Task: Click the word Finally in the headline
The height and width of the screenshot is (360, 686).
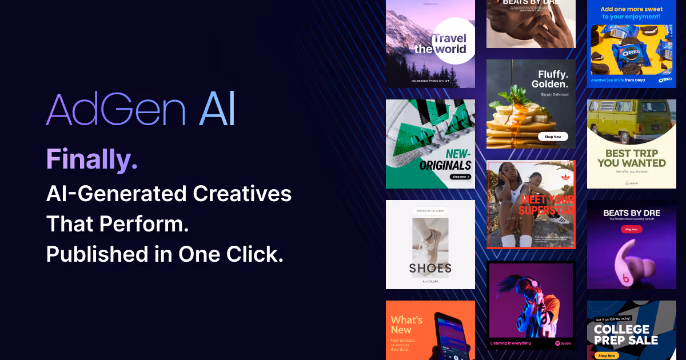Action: (x=91, y=159)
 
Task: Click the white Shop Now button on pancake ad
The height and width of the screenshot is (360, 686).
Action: (x=553, y=137)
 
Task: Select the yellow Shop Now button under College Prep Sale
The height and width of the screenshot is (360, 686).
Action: (x=607, y=355)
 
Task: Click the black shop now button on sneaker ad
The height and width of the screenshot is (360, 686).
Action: (x=460, y=177)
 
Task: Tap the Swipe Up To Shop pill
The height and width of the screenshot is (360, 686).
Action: (x=430, y=211)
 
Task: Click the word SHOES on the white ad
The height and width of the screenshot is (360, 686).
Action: (x=430, y=268)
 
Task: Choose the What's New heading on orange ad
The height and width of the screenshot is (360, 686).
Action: (x=406, y=325)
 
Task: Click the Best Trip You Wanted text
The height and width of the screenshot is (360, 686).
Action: (x=631, y=158)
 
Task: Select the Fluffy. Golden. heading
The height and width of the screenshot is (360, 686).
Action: (x=553, y=79)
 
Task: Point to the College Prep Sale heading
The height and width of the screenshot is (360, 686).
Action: (x=625, y=335)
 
